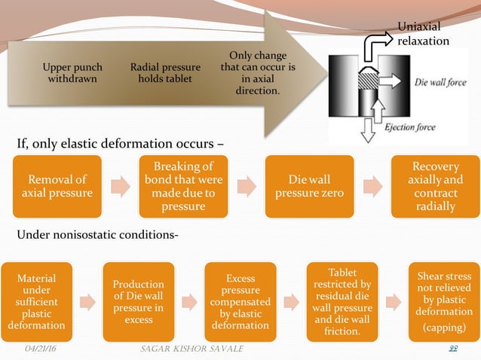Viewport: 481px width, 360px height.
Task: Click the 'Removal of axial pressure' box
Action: click(57, 185)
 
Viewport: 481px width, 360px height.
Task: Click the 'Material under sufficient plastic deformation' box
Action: click(37, 302)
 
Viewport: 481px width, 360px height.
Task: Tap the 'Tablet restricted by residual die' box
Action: click(339, 301)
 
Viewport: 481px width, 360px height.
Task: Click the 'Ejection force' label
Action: click(410, 127)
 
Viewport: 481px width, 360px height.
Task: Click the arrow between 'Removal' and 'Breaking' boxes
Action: click(119, 186)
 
